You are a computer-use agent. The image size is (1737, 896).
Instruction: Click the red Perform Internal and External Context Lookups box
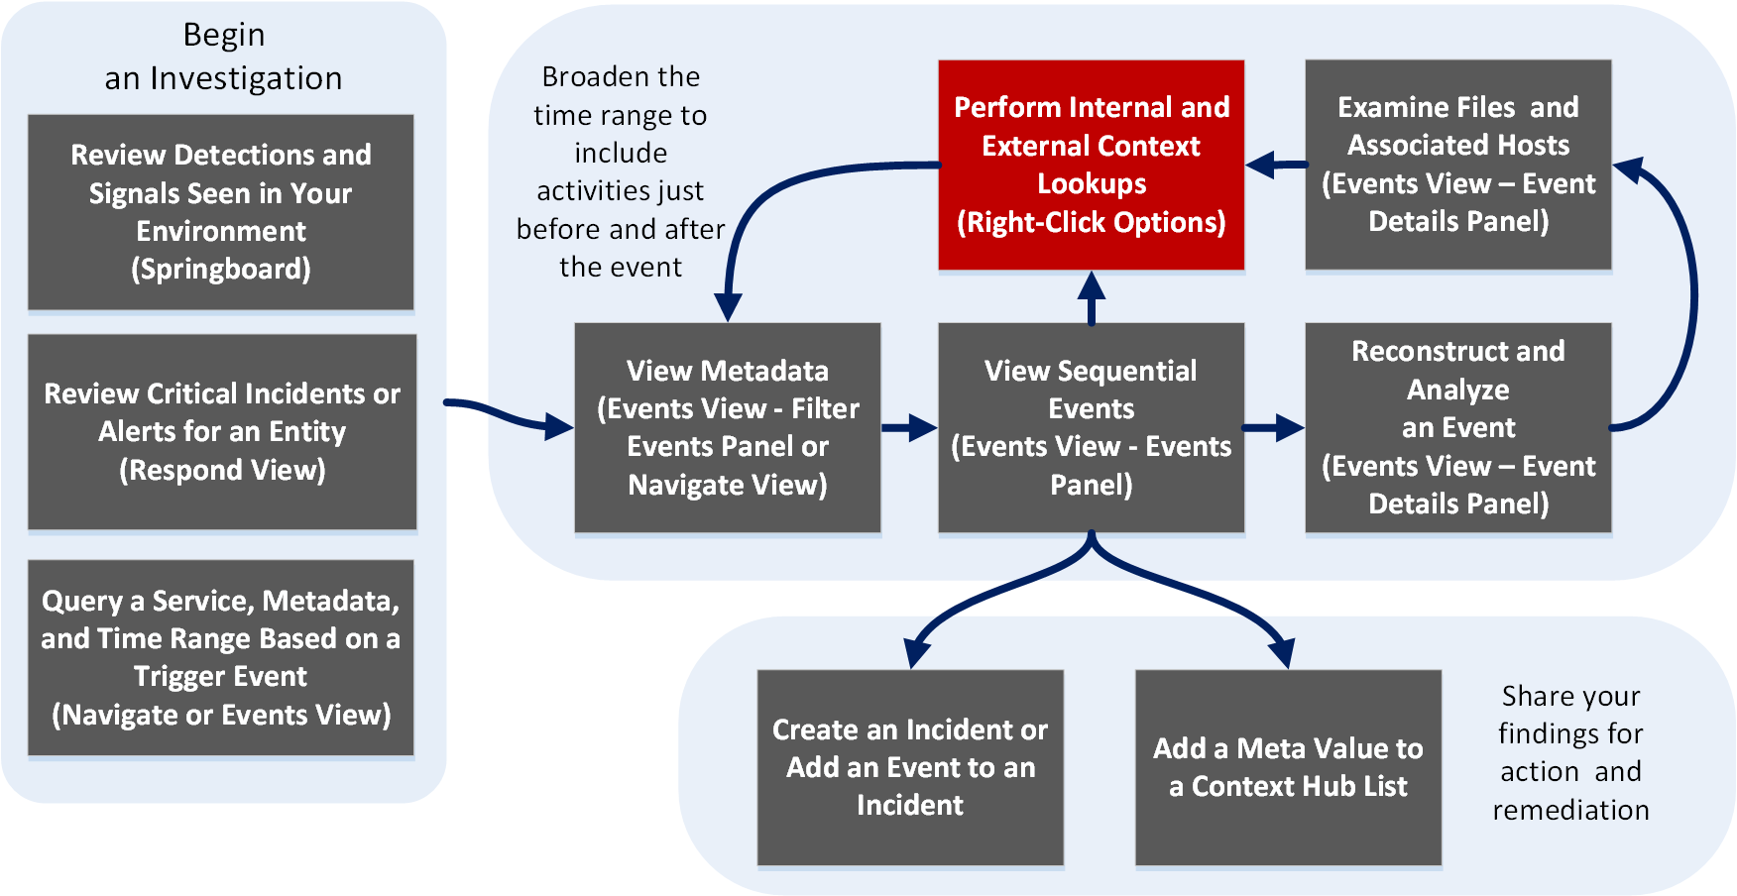1091,165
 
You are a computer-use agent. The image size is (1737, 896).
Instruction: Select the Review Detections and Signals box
221,212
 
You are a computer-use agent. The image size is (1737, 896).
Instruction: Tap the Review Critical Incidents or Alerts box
222,431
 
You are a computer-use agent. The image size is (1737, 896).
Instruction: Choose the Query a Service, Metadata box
221,657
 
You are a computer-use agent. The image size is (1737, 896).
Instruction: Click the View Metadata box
728,427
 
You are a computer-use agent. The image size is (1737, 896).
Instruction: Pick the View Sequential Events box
1091,427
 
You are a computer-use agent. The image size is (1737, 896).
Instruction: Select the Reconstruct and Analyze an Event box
1457,427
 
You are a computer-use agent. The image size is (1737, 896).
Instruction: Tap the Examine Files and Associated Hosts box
1457,165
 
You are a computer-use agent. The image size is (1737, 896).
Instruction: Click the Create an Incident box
910,767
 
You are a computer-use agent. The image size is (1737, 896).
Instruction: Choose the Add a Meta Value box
1288,767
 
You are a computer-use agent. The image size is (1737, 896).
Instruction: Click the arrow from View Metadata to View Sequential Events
909,428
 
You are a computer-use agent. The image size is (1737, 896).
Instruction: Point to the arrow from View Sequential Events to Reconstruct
1274,428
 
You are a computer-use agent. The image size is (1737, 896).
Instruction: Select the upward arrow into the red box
1092,297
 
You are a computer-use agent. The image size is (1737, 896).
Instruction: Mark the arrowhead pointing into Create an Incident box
917,653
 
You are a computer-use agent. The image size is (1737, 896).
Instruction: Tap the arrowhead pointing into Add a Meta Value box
1282,653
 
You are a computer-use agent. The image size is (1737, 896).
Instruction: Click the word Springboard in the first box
221,270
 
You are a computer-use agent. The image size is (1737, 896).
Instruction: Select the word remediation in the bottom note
1570,811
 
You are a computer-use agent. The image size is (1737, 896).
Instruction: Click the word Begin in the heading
224,36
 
